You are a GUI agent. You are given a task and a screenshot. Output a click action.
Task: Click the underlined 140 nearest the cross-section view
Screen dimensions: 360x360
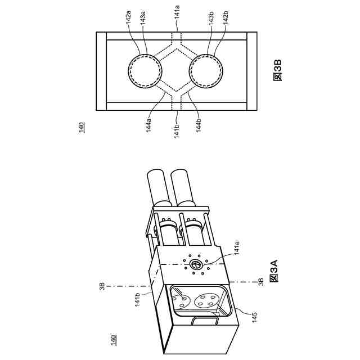click(x=80, y=127)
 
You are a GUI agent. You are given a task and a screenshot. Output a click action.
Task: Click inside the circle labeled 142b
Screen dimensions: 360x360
click(x=209, y=71)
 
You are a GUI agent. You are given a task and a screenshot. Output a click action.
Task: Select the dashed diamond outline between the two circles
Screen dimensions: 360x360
click(x=176, y=71)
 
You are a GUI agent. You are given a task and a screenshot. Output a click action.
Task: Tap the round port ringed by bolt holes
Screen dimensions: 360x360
click(x=196, y=264)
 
